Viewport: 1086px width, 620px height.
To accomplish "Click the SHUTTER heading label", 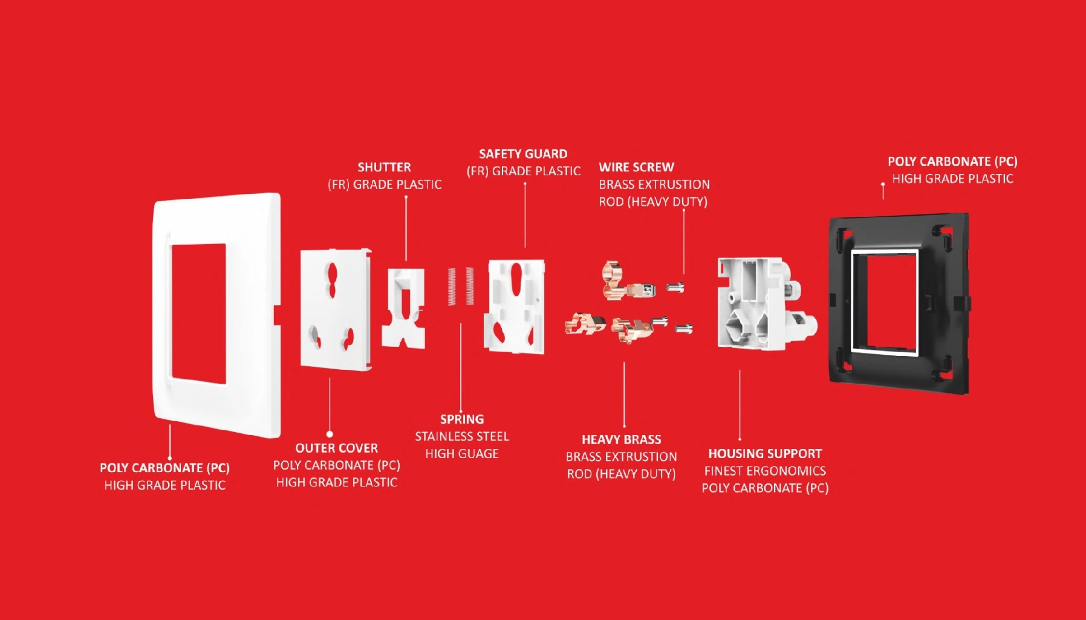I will click(x=384, y=167).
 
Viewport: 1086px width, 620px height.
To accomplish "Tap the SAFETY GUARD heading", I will click(x=523, y=154).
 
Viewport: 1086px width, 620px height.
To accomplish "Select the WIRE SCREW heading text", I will click(x=636, y=167).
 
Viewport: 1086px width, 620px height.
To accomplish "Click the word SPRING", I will click(x=462, y=419).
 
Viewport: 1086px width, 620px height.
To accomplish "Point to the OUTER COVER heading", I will click(x=336, y=448).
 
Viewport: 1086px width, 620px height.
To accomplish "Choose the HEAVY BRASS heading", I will click(x=621, y=440).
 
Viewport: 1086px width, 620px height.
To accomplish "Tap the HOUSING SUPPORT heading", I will click(x=765, y=454).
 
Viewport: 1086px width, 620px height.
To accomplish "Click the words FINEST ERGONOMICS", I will click(x=765, y=471).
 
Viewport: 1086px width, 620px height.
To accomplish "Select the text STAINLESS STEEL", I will click(x=462, y=436).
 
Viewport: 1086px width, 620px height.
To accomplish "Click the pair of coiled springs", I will click(x=461, y=286).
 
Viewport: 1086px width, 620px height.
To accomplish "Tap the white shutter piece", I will click(x=403, y=308).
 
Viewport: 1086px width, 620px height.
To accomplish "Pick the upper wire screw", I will click(x=675, y=287).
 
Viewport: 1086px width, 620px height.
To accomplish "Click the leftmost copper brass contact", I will click(x=584, y=324).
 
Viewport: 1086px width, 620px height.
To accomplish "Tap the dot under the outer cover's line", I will click(x=330, y=434).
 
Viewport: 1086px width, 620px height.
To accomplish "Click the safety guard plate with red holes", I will click(x=516, y=306).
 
